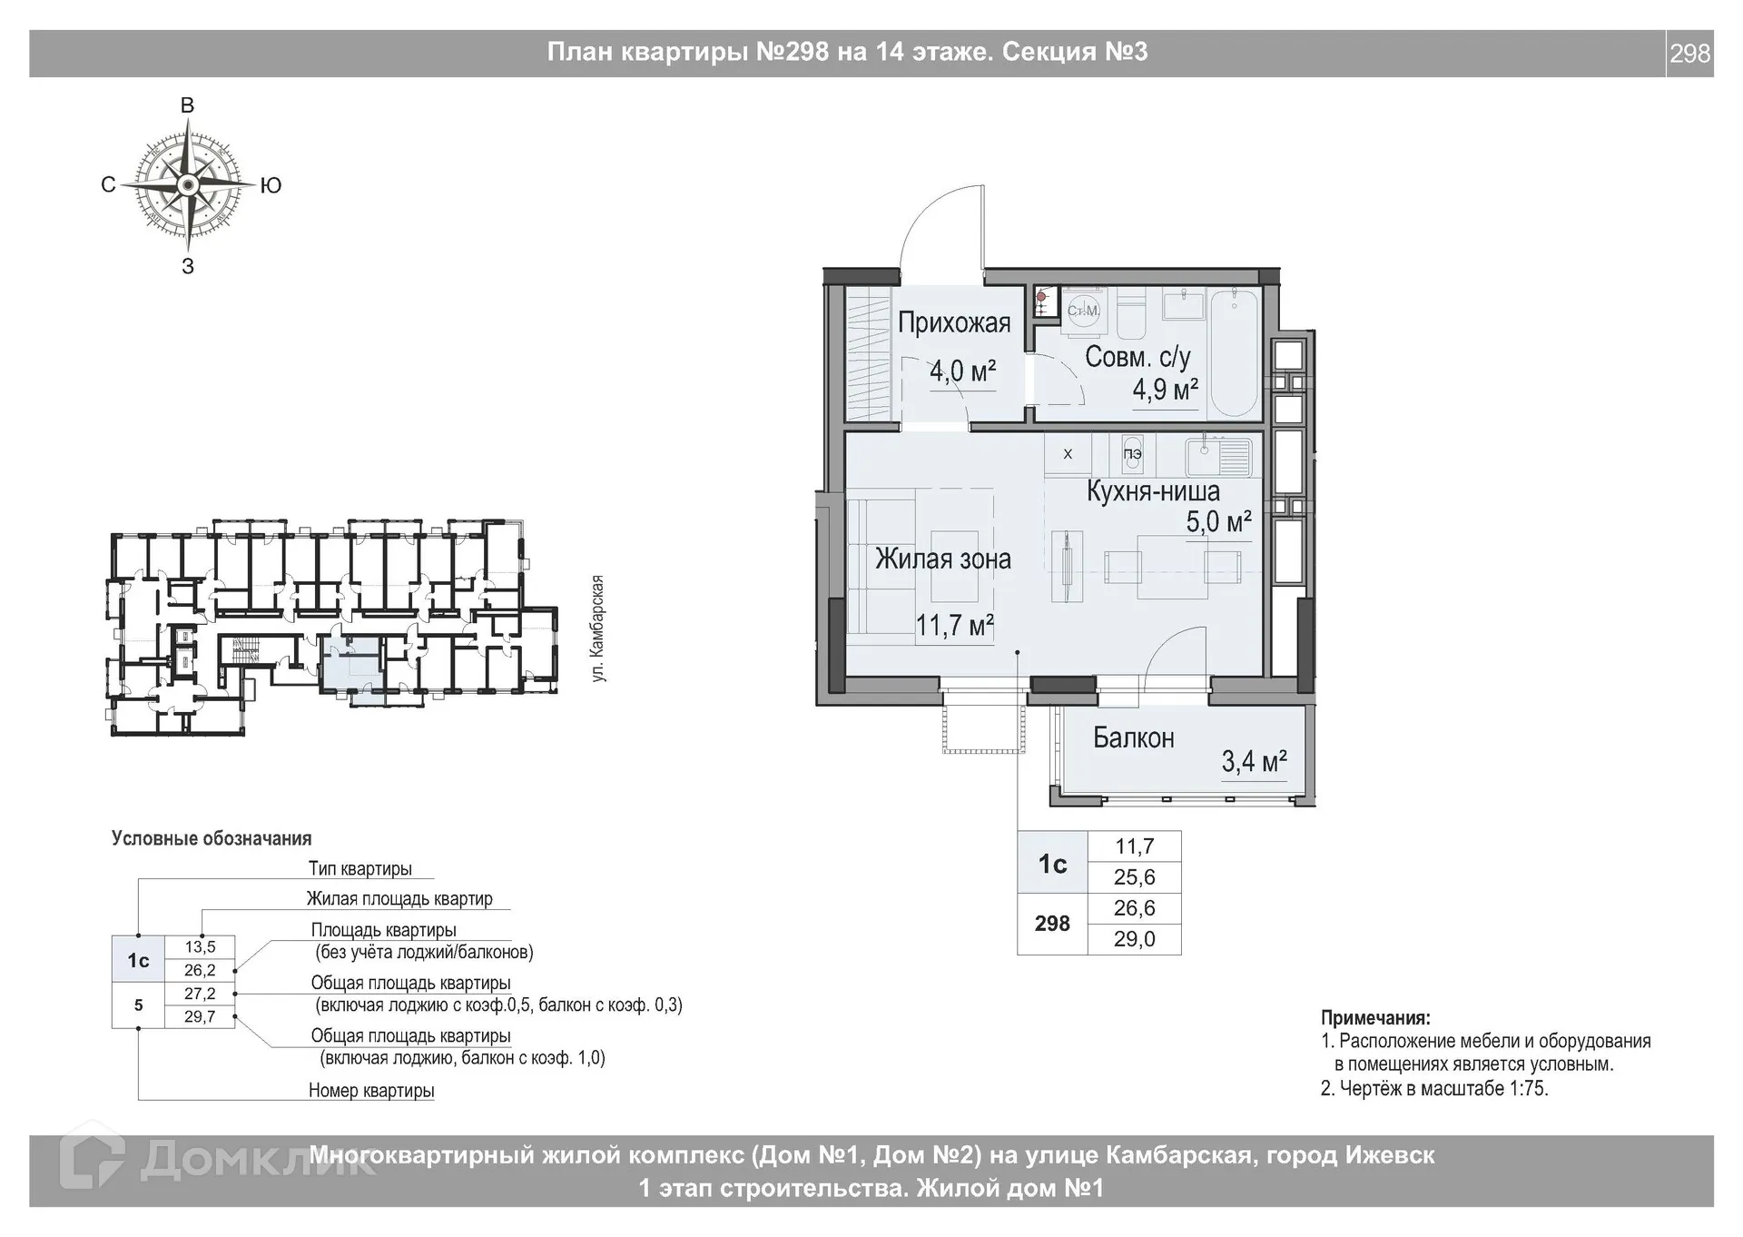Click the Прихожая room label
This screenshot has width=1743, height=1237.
coord(953,323)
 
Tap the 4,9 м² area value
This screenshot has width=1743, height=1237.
coord(1165,391)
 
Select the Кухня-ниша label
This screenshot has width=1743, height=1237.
coord(1153,492)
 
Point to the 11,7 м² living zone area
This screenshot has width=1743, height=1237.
coord(954,626)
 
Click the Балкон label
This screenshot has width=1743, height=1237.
coord(1133,737)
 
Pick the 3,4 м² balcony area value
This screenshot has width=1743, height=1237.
coord(1253,761)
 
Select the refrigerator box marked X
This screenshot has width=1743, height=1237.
coord(1068,454)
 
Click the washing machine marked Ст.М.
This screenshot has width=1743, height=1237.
coord(1083,311)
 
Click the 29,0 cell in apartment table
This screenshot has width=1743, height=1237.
coord(1134,939)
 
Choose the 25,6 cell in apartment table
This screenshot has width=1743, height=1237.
coord(1134,877)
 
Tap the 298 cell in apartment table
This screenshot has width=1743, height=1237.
coord(1052,924)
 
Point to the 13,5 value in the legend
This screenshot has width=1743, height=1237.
coord(200,947)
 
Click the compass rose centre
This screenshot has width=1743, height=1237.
coord(188,185)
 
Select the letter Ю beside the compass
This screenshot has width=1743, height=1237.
coord(271,186)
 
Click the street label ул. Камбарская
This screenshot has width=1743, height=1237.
coord(597,628)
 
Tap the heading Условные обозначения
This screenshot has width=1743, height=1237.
coord(212,838)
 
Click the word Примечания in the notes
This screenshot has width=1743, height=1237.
coord(1374,1018)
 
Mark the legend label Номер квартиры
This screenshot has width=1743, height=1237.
coord(371,1091)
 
